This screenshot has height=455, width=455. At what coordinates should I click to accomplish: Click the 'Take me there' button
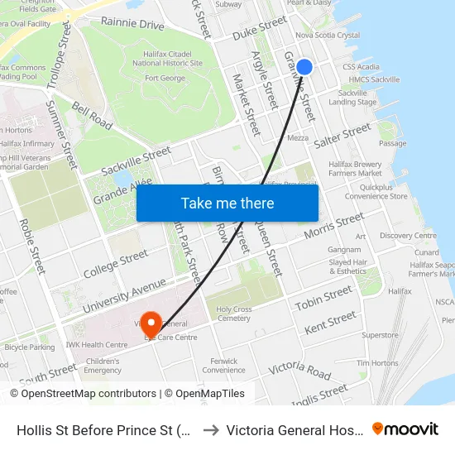pos(227,203)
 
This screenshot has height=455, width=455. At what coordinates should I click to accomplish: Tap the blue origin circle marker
pos(304,67)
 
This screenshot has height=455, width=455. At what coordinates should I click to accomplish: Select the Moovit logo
pos(405,429)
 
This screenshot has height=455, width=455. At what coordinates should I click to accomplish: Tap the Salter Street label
pos(342,135)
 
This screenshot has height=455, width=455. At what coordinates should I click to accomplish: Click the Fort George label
pos(165,79)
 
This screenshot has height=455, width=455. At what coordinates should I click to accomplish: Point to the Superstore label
pos(380,335)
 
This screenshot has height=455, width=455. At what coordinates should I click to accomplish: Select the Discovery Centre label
pos(407,236)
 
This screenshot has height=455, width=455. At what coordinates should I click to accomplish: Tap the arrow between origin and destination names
pos(209,429)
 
